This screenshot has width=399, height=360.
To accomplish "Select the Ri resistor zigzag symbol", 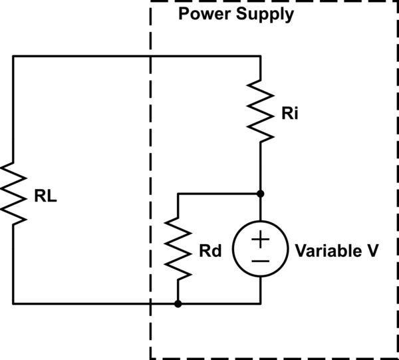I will (260, 110).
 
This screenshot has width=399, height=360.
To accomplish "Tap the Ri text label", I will (289, 114).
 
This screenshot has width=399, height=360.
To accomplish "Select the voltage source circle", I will (260, 248).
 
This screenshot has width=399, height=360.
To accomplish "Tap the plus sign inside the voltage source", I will (260, 238).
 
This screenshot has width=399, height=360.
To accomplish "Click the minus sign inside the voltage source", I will (260, 260).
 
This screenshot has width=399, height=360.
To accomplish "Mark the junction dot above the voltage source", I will (260, 194).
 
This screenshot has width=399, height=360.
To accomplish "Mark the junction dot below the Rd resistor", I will (178, 303).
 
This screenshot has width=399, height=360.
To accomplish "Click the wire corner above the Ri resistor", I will (260, 57).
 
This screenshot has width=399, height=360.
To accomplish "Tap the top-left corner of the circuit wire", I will (13, 57).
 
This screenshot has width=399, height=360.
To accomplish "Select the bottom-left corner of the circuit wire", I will (13, 303).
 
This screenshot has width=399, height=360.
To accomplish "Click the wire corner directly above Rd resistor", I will (178, 194).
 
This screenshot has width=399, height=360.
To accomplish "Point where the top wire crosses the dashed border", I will (151, 57).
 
